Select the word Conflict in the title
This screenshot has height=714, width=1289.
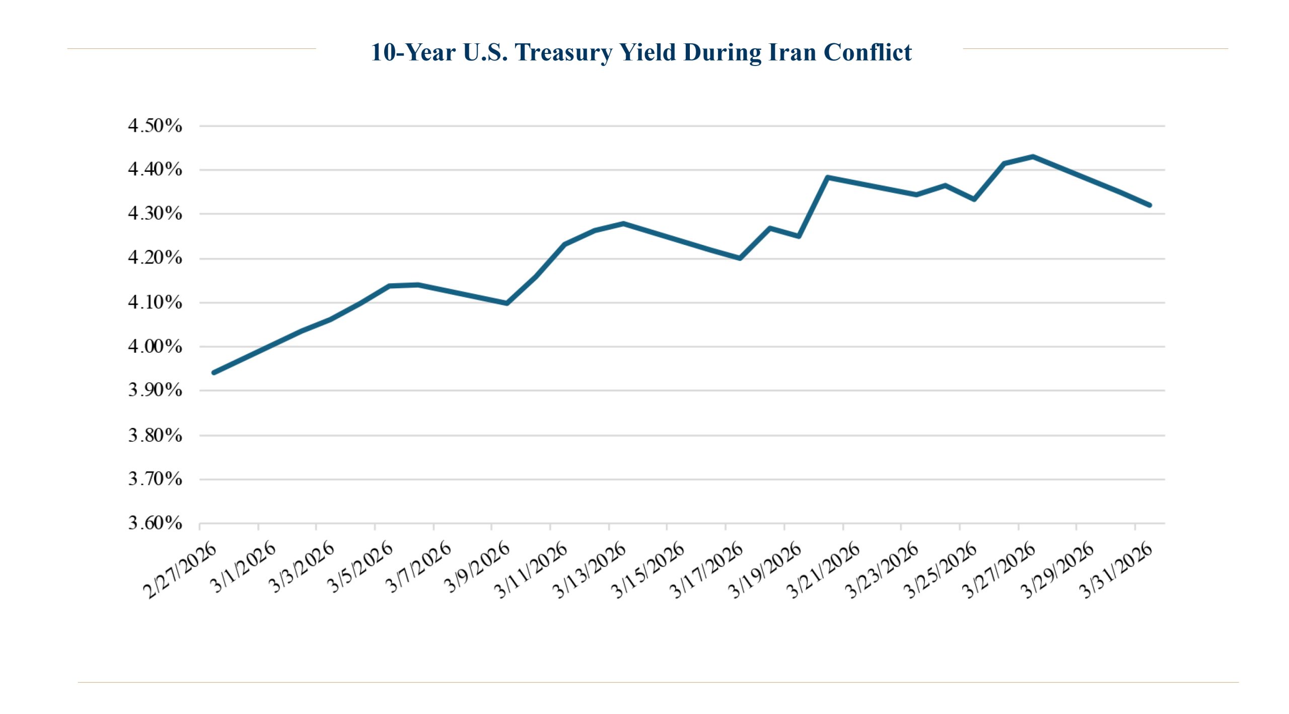coord(868,52)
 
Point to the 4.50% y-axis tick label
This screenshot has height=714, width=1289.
coord(155,125)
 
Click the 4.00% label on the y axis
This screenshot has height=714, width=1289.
coord(155,347)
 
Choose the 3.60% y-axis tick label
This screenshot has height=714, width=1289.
coord(155,523)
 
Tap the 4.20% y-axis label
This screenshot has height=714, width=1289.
coord(155,258)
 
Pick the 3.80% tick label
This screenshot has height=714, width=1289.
coord(155,435)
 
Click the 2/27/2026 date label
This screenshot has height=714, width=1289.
coord(180,570)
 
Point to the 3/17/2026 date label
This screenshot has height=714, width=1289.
coord(706,570)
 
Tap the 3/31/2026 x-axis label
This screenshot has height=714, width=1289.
coord(1117,570)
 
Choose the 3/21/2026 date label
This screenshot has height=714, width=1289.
coord(824,570)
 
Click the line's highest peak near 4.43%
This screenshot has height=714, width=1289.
coord(1033,157)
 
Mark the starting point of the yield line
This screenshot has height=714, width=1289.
coord(214,372)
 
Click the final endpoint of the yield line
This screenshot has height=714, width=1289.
coord(1150,205)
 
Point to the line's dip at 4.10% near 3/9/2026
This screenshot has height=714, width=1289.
coord(507,303)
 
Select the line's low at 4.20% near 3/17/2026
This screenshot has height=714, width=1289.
coord(739,258)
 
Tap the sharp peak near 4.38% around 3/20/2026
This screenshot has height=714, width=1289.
coord(828,177)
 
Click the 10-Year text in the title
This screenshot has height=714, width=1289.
coord(413,52)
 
